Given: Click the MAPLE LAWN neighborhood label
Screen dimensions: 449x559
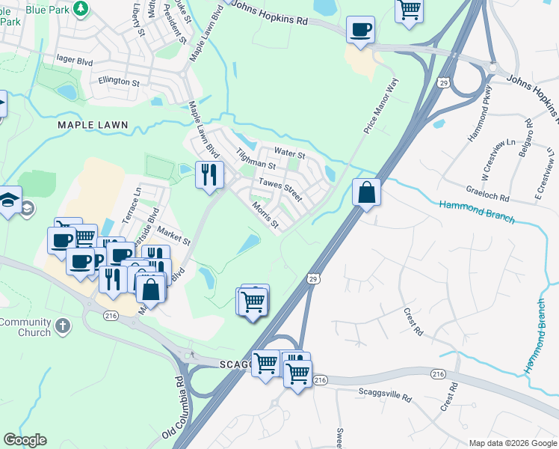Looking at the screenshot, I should pyautogui.click(x=93, y=125).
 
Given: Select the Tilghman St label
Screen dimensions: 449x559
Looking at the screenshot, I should pyautogui.click(x=256, y=158).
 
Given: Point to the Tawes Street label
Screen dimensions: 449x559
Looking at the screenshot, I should pyautogui.click(x=280, y=189).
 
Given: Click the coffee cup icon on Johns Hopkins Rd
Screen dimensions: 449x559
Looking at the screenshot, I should pyautogui.click(x=360, y=30).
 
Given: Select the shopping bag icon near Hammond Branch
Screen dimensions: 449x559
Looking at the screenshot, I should pyautogui.click(x=367, y=192).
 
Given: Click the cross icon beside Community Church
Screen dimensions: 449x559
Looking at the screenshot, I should pyautogui.click(x=64, y=326).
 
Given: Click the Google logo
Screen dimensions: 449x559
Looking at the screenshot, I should pyautogui.click(x=25, y=440).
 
